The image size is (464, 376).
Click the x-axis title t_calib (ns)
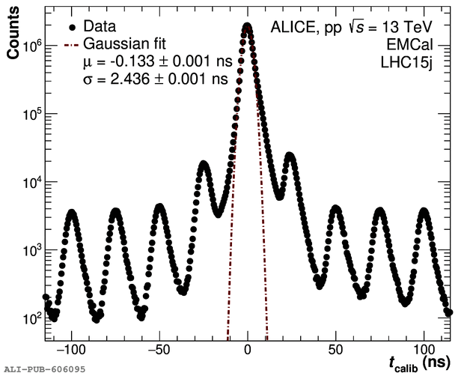(x=419, y=363)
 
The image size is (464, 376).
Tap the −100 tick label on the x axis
(x=72, y=349)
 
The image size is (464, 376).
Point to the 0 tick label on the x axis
(x=248, y=349)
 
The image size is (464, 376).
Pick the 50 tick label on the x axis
(x=336, y=349)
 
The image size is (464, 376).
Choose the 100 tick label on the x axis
(x=424, y=349)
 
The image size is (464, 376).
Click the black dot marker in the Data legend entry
(x=72, y=26)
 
